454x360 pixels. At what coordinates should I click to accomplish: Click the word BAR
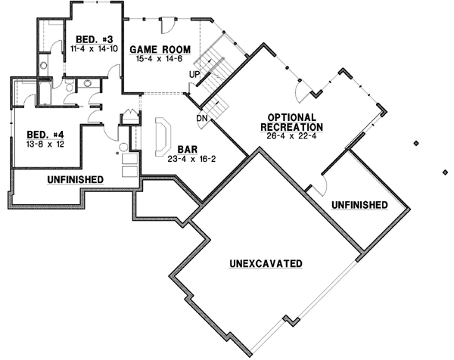188,150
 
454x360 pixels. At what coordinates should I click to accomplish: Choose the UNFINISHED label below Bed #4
75,179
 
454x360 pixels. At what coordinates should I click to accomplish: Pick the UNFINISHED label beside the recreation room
359,205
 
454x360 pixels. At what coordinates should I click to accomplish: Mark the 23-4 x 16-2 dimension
188,160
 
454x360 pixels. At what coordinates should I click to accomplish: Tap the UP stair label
194,75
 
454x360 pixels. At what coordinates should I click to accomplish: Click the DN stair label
202,118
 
